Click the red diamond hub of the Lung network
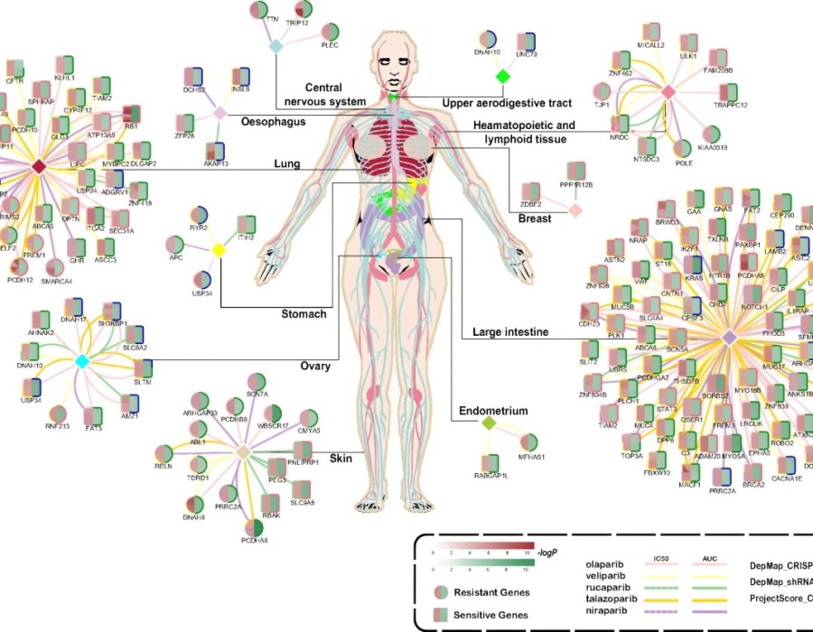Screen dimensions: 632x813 tap(38, 166)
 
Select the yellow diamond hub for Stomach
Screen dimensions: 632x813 tap(218, 249)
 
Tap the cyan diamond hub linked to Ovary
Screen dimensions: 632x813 tap(81, 361)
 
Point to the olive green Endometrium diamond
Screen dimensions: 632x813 tap(489, 423)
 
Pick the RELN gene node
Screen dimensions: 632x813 tap(164, 454)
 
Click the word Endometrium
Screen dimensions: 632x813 tap(492, 411)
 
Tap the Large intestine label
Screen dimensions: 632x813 tap(510, 333)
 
